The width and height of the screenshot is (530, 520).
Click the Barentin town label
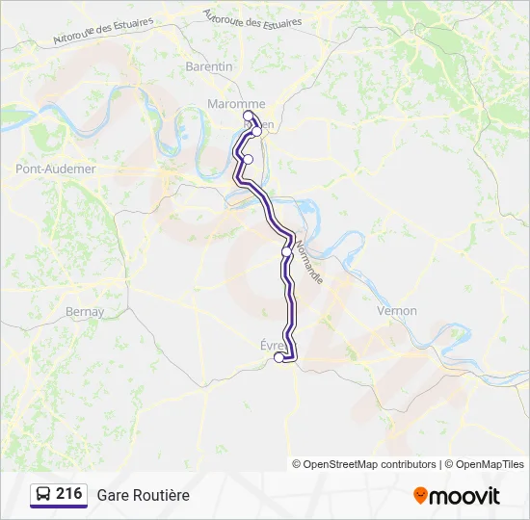(209, 66)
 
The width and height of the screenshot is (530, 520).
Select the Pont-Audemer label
(56, 169)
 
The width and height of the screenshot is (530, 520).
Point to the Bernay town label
(85, 312)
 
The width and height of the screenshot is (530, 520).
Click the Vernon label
(397, 311)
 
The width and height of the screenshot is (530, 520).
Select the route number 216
(68, 494)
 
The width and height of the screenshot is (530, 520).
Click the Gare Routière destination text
(143, 495)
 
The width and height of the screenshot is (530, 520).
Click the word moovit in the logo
(464, 496)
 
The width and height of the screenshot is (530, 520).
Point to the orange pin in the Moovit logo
(420, 496)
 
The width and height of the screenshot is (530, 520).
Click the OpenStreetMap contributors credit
(370, 464)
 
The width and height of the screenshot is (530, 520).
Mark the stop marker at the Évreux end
(279, 357)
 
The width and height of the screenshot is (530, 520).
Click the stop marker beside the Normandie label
(286, 251)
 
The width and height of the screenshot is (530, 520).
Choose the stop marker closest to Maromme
(249, 116)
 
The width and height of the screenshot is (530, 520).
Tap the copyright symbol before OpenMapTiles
(448, 464)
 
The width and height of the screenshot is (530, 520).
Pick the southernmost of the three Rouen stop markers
(248, 159)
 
